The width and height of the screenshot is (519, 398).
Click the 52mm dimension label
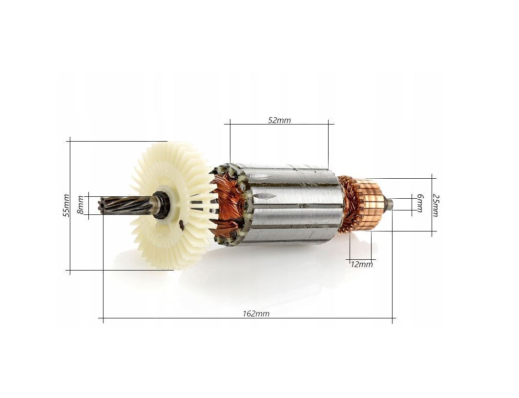[279, 120]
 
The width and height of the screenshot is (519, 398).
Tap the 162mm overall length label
[256, 313]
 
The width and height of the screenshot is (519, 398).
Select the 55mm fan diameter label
[66, 205]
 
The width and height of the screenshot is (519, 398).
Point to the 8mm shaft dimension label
[81, 205]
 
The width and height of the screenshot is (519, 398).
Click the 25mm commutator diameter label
[436, 206]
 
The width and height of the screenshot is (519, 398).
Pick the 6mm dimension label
[420, 203]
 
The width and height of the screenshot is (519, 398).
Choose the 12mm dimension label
[361, 264]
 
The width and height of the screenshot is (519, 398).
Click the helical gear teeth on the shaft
[126, 205]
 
